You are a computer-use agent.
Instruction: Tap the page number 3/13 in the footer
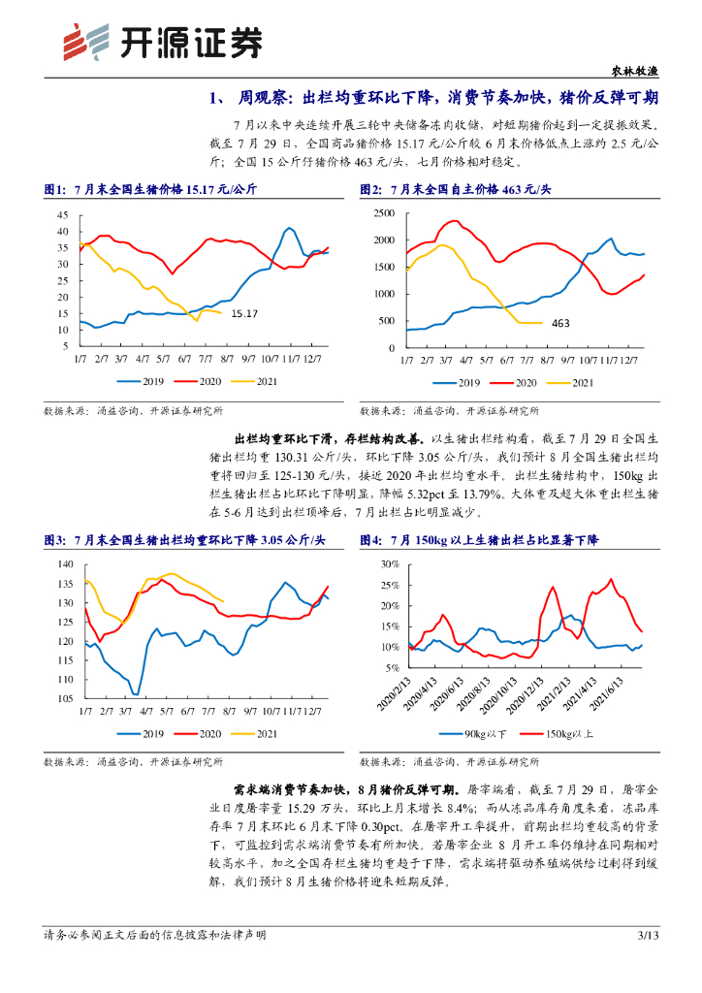point(648,936)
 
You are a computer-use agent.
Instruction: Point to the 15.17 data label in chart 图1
point(245,313)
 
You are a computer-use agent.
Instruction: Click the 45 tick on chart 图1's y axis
point(62,214)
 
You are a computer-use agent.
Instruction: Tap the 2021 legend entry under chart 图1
point(260,382)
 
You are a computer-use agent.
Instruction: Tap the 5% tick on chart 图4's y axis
point(389,668)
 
